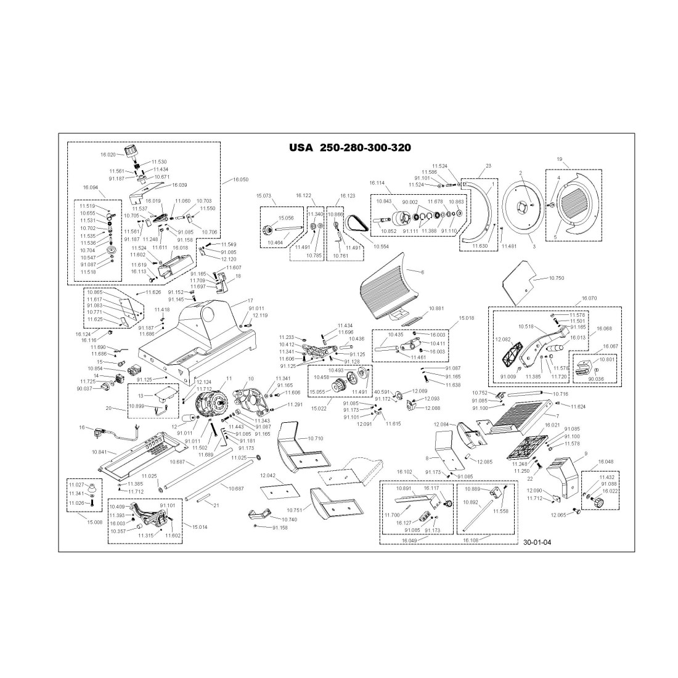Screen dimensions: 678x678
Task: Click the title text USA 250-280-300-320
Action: [x=349, y=148]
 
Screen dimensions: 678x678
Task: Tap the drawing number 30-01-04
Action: [x=536, y=543]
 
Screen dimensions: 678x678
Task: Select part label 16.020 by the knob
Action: [x=108, y=154]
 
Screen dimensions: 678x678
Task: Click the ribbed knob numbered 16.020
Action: [x=130, y=152]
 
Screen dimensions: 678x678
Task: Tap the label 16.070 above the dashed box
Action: [x=589, y=298]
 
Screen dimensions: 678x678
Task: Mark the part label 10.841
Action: [x=100, y=452]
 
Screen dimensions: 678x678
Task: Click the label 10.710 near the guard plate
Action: [x=314, y=438]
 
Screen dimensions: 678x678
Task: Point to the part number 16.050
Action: [x=240, y=180]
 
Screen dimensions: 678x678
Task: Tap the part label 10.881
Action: [x=436, y=308]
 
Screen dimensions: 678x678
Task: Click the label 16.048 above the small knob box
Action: [x=606, y=461]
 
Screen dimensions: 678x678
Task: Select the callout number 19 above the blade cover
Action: [x=559, y=159]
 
